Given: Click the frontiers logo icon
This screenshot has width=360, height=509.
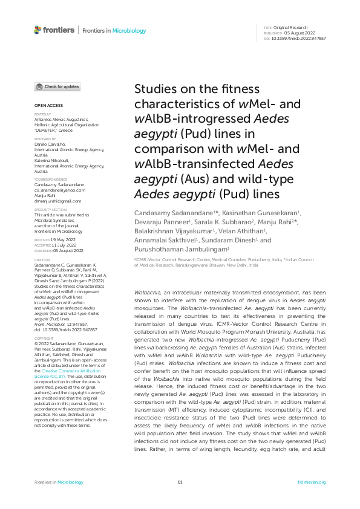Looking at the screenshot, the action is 38,29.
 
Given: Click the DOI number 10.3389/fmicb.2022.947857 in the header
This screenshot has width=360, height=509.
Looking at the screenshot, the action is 300,38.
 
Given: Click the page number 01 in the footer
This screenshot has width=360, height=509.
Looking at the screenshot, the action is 180,482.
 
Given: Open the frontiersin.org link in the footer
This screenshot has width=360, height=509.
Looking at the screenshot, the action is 312,482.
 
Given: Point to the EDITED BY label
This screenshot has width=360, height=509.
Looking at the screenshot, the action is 42,114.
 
